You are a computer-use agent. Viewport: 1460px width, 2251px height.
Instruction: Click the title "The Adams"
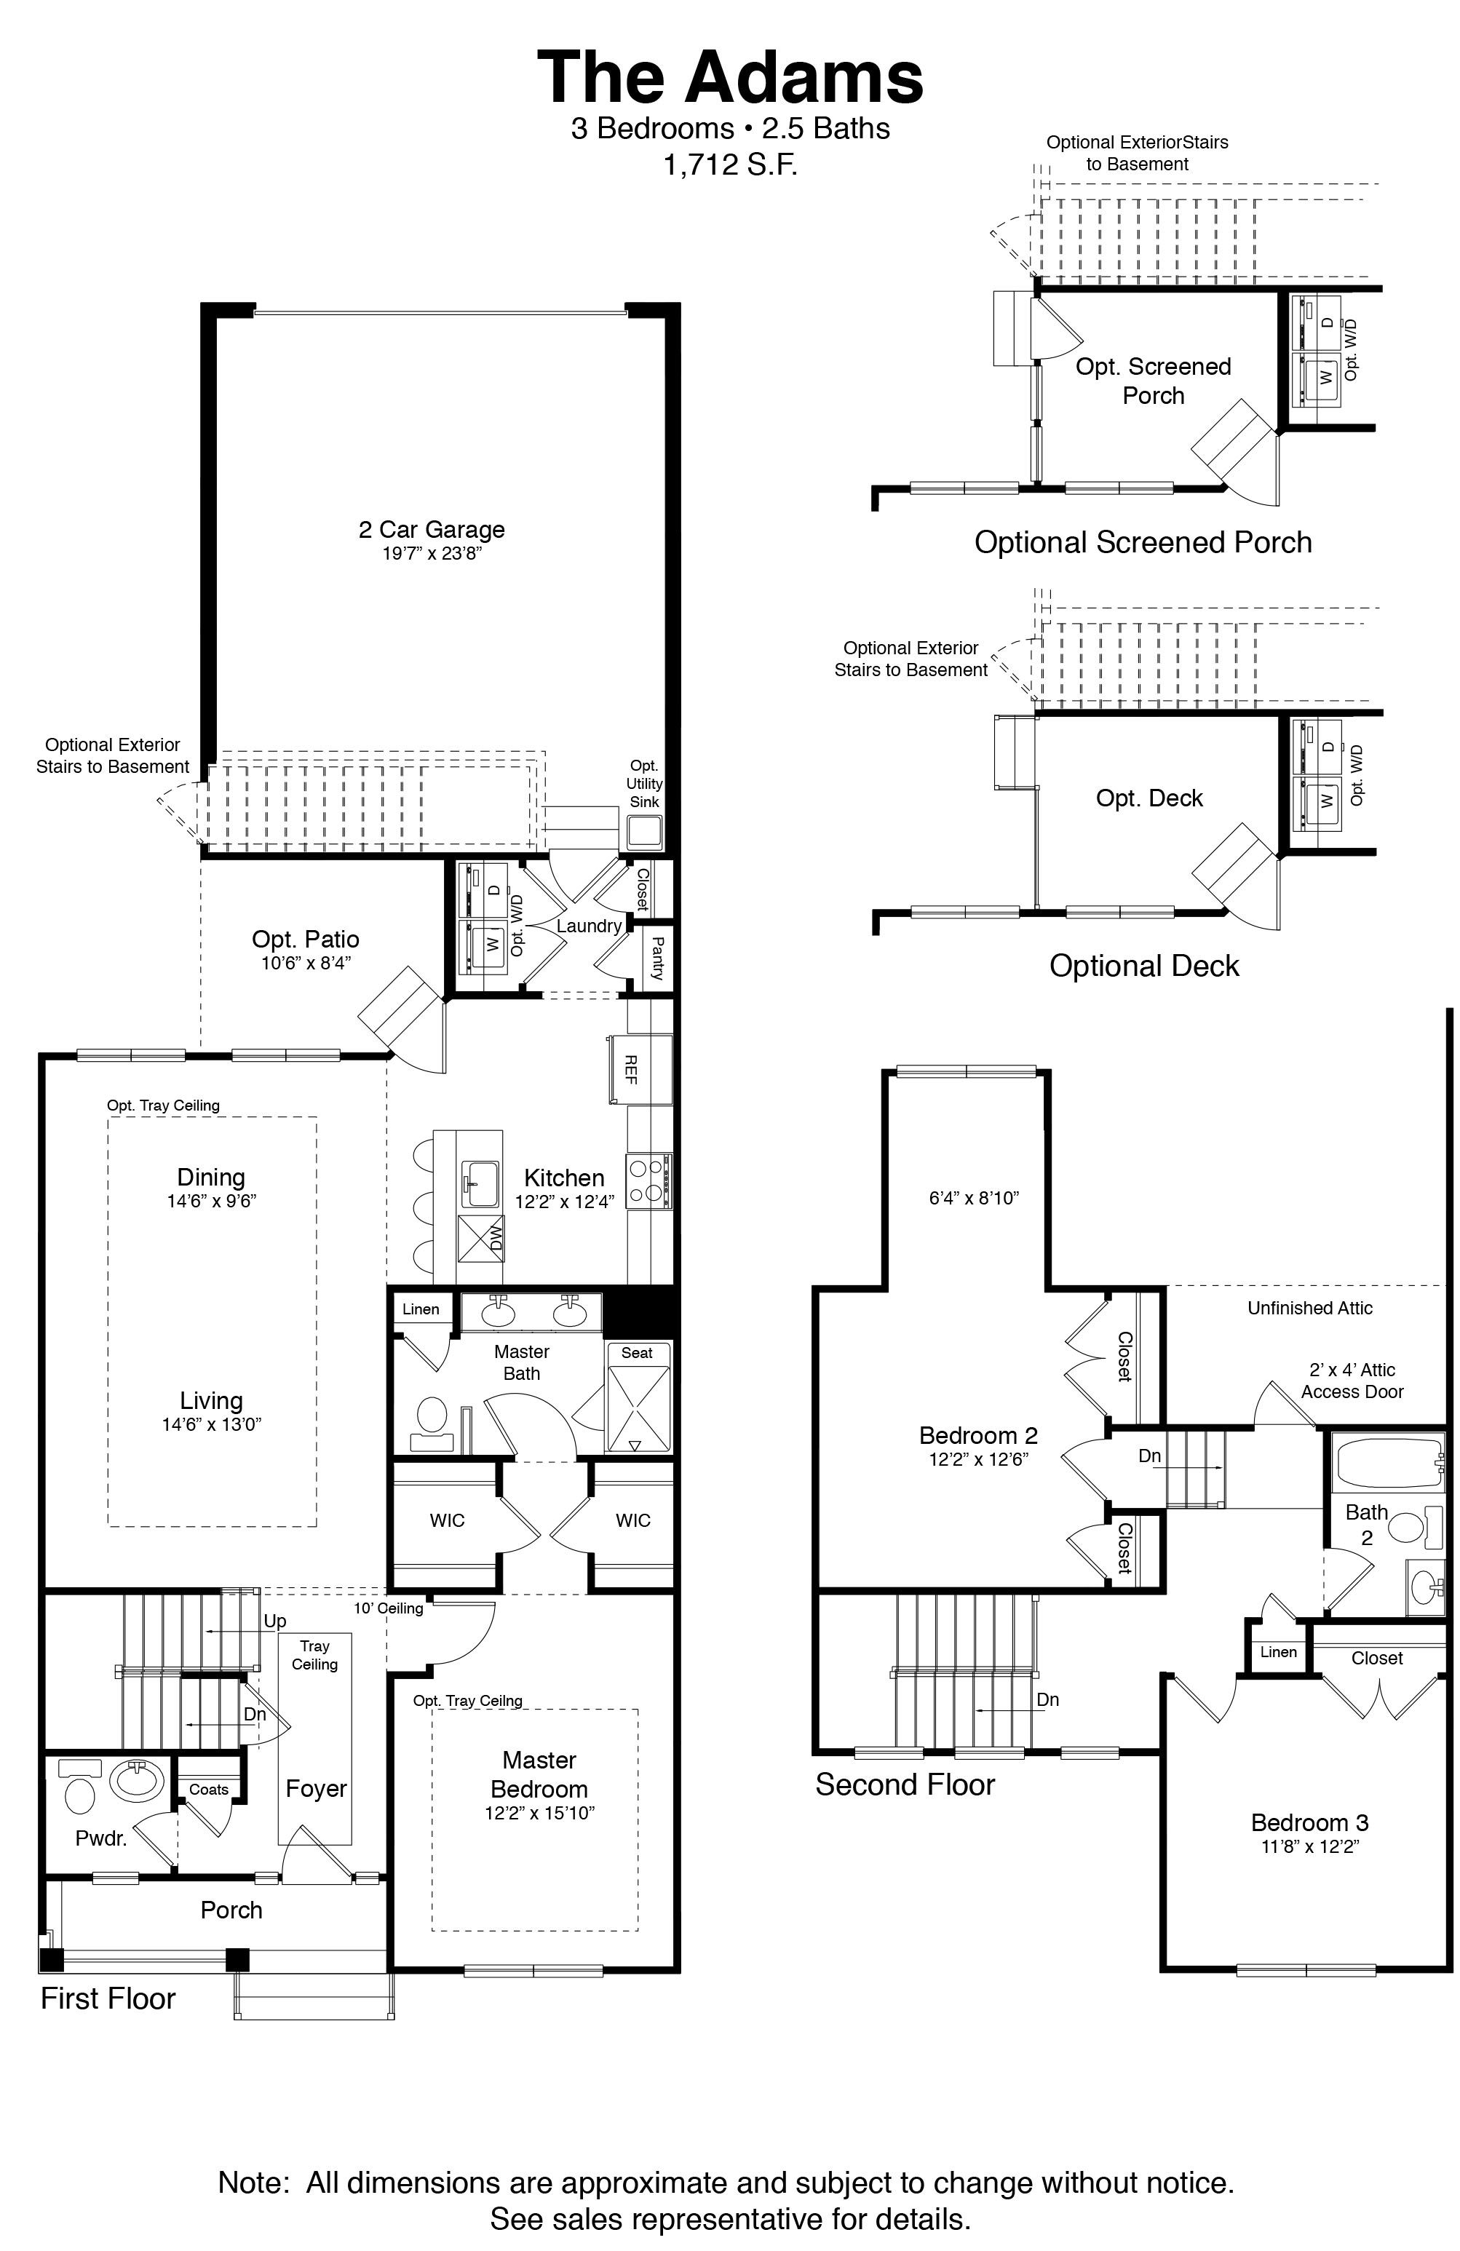730,78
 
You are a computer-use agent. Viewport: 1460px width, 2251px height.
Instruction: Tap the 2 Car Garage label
431,530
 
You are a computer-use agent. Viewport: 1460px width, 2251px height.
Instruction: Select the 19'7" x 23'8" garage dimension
431,553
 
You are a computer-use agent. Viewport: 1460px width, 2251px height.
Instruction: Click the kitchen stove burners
647,1181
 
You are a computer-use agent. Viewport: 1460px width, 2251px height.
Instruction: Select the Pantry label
657,957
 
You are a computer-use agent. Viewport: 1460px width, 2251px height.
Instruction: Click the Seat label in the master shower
636,1352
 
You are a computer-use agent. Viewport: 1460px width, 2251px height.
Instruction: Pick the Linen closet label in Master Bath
421,1309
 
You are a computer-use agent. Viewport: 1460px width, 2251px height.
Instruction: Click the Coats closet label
208,1789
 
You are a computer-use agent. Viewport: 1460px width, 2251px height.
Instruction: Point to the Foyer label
316,1789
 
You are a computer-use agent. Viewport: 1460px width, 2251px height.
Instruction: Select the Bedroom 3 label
1309,1822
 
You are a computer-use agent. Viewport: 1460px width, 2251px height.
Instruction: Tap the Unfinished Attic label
1309,1308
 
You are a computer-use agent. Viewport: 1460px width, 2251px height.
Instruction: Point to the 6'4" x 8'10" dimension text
973,1199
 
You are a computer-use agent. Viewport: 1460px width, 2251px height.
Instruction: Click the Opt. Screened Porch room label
1153,380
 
